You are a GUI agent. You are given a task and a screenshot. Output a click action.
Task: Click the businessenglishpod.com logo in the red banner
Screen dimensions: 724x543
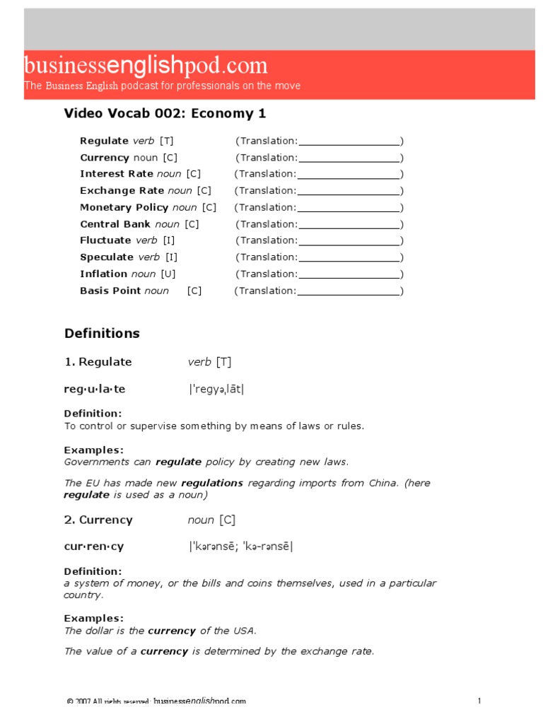[x=146, y=66]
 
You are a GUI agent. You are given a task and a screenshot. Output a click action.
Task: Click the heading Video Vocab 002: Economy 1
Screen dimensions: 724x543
[x=165, y=113]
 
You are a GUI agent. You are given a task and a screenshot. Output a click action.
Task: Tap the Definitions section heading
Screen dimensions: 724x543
[x=102, y=333]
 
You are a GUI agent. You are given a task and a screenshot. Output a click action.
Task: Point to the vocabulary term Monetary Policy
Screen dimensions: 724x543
[x=124, y=207]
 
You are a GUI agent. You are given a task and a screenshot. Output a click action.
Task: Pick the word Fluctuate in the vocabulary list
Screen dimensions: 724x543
[x=106, y=240]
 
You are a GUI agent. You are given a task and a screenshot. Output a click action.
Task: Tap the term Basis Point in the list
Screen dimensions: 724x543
[x=110, y=291]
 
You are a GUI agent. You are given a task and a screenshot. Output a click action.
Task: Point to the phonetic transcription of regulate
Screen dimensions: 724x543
[x=217, y=389]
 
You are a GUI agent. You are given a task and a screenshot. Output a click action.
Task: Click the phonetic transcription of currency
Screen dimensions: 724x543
[x=240, y=547]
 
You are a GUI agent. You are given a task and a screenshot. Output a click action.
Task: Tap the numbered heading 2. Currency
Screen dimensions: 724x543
[x=98, y=520]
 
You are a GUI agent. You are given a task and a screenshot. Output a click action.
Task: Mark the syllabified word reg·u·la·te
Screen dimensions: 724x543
[x=95, y=389]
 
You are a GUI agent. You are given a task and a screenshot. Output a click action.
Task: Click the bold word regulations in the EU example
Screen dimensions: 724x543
[x=212, y=483]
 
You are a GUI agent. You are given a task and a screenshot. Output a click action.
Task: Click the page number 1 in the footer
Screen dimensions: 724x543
[x=479, y=701]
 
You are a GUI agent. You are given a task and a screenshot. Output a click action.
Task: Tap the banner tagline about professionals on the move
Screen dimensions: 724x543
[x=163, y=86]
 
